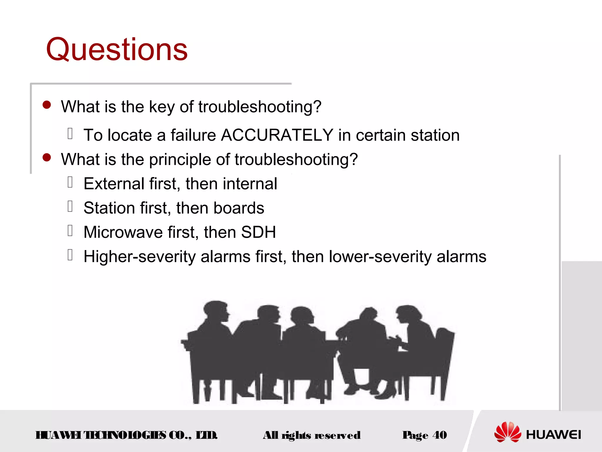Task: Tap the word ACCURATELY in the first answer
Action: [277, 135]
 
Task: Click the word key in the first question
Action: [162, 107]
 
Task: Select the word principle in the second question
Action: [180, 160]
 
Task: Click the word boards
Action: [239, 208]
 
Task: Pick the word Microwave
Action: [123, 232]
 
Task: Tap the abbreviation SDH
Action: [258, 232]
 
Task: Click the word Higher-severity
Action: [140, 257]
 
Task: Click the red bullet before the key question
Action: [47, 105]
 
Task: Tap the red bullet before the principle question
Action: [47, 157]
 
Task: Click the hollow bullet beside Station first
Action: [70, 206]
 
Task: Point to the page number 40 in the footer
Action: [439, 435]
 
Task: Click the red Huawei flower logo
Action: [507, 432]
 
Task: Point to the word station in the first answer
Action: [435, 135]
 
